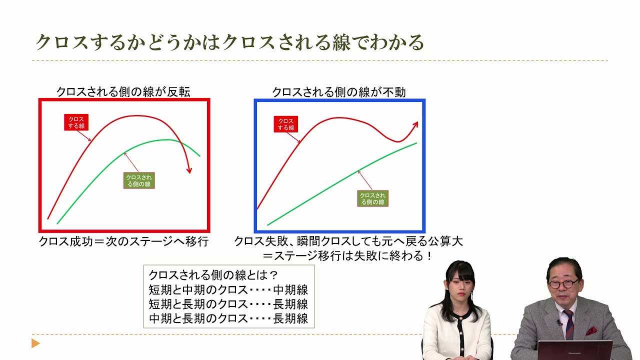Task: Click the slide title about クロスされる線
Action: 229,42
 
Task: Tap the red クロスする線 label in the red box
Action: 76,122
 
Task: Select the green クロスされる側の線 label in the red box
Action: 139,180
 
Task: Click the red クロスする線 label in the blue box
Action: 285,124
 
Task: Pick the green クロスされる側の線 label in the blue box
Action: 373,198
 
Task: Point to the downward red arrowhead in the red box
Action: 189,170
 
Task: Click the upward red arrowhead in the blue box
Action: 415,124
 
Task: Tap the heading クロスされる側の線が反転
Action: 123,92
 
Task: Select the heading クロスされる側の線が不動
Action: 338,92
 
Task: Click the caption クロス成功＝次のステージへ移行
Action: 123,241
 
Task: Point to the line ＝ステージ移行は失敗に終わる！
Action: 348,256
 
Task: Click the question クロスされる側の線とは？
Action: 213,275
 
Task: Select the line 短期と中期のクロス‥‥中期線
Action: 228,289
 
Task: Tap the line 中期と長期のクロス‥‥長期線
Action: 228,318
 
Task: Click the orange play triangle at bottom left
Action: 35,343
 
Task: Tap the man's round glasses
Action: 563,283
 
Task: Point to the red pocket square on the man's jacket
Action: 591,330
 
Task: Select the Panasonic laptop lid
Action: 575,350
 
